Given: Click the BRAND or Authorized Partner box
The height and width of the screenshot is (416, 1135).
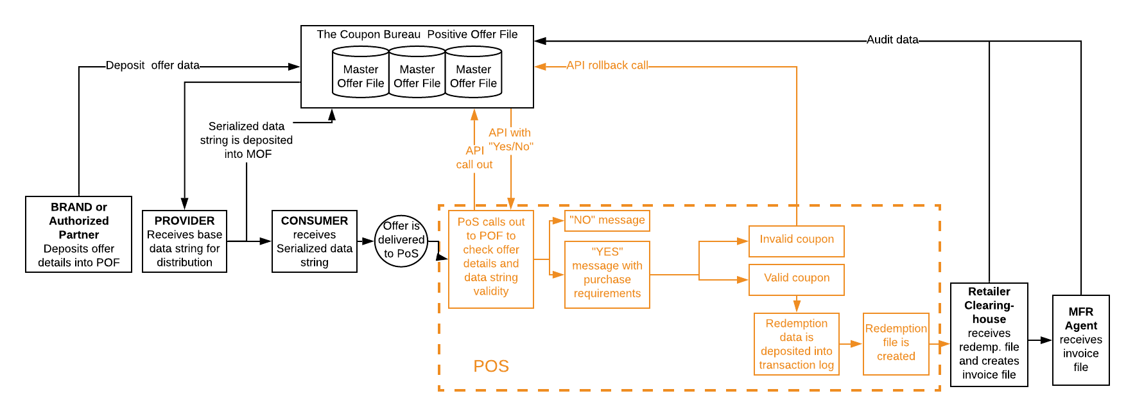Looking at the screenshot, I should pyautogui.click(x=78, y=234).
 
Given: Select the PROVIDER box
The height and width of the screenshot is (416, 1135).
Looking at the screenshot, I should pyautogui.click(x=184, y=241).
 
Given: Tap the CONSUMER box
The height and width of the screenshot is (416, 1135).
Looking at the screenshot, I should pyautogui.click(x=314, y=241).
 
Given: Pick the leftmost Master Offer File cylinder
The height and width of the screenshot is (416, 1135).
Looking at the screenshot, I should pyautogui.click(x=360, y=73).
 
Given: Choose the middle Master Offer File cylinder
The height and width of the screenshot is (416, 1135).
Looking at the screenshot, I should pyautogui.click(x=417, y=73).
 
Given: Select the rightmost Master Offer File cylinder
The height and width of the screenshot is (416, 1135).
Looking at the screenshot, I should pyautogui.click(x=474, y=73).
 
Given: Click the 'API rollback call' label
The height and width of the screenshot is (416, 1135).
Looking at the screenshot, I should pyautogui.click(x=607, y=65).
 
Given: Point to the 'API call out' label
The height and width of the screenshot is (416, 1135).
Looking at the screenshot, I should pyautogui.click(x=474, y=158).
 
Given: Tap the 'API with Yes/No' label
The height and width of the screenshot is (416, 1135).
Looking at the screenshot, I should pyautogui.click(x=510, y=140).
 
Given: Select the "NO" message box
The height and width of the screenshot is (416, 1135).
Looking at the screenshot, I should pyautogui.click(x=607, y=220).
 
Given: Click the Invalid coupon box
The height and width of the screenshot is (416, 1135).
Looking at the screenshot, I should pyautogui.click(x=796, y=241).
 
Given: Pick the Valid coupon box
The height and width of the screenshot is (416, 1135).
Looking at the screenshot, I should pyautogui.click(x=796, y=279).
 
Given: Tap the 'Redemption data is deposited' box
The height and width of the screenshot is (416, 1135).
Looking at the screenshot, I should pyautogui.click(x=796, y=344).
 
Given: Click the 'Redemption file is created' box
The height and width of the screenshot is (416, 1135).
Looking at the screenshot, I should pyautogui.click(x=896, y=343).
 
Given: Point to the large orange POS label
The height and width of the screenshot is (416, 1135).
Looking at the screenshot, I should pyautogui.click(x=491, y=366).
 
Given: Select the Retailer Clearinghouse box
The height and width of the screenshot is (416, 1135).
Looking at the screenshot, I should pyautogui.click(x=989, y=334).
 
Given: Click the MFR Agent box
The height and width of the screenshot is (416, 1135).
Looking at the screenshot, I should pyautogui.click(x=1080, y=340).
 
